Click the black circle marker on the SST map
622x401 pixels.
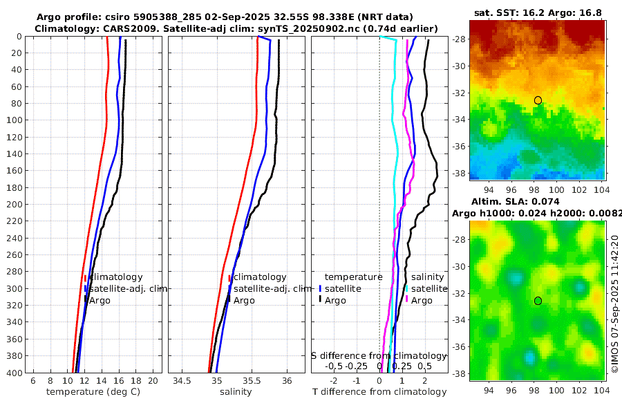click(x=538, y=100)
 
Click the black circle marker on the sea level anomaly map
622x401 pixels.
click(x=538, y=301)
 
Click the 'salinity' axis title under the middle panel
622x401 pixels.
click(x=235, y=392)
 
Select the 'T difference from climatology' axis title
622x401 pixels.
click(x=379, y=392)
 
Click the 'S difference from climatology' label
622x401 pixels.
click(x=379, y=355)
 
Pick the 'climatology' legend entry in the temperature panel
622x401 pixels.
click(x=115, y=277)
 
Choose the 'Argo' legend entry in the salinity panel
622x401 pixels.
click(x=244, y=301)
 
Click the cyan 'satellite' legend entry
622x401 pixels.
click(x=429, y=289)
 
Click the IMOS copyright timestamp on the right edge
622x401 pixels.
click(x=614, y=304)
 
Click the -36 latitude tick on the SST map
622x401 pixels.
click(x=458, y=147)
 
